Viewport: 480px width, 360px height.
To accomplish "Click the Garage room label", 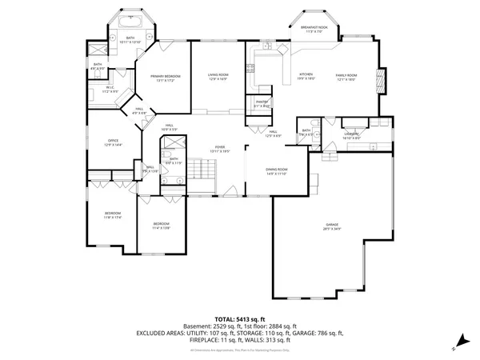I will (x=333, y=226).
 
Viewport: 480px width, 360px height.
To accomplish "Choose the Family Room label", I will (x=346, y=76).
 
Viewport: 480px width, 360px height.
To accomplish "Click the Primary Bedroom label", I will (x=165, y=78).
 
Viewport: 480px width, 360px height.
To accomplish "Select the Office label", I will (x=113, y=143).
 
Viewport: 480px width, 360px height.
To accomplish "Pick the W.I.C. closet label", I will (x=110, y=90).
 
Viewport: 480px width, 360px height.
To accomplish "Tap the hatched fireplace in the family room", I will (x=380, y=80).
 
